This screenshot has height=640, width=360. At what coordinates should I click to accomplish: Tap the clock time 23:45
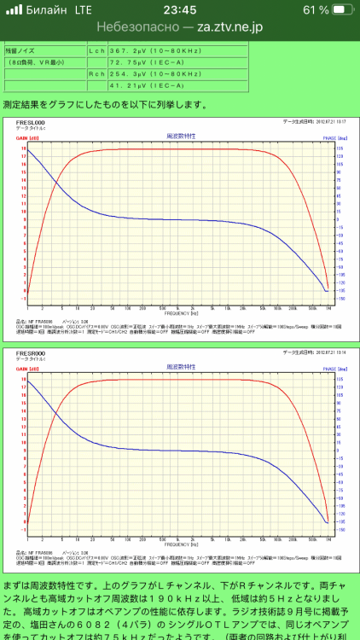pos(180,9)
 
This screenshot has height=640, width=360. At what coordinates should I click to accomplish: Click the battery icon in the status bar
pos(341,9)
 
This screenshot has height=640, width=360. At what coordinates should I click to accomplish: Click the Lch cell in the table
pos(96,50)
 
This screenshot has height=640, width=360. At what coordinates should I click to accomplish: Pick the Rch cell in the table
pos(96,74)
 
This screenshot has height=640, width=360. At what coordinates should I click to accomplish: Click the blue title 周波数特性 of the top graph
pos(180,136)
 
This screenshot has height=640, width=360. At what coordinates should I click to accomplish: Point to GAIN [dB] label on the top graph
pos(28,137)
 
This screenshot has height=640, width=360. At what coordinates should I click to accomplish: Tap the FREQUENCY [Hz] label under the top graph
pos(180,313)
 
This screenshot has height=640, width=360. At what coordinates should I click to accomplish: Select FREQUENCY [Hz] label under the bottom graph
pos(180,544)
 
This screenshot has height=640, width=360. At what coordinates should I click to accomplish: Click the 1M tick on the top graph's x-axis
pos(329,307)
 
